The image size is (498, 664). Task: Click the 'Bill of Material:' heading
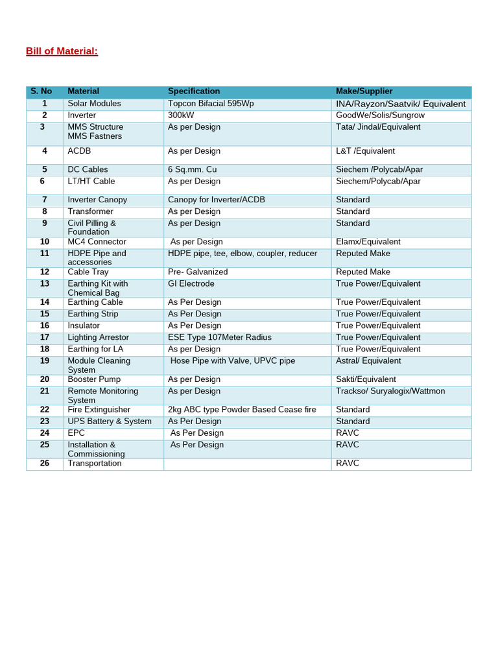coord(62,51)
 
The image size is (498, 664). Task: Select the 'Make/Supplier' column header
coord(364,91)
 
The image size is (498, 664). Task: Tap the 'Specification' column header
coord(194,91)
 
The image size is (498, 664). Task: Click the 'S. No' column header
coord(41,91)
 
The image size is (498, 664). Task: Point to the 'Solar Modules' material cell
coord(94,104)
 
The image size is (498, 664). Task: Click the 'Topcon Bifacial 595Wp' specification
coord(211,104)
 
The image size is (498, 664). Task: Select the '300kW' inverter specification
coord(181,115)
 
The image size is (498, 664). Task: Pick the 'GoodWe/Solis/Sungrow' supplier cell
coord(380,115)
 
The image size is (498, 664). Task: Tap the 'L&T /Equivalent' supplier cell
coord(365,151)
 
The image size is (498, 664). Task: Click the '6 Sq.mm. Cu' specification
coord(192,170)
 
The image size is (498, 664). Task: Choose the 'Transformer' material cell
coord(90,212)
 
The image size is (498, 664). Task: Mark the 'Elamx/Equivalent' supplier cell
coord(368,242)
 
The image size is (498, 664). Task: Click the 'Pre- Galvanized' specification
coord(198,272)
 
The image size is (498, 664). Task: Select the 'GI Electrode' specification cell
coord(191,284)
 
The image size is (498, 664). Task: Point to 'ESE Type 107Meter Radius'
coord(220,338)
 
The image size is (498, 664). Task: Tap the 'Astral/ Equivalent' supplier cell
coord(368,361)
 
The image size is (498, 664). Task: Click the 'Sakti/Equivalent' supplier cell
coord(366,379)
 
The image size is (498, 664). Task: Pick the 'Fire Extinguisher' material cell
coord(99,410)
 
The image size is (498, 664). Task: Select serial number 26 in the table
coord(45,464)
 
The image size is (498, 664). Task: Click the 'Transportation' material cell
coord(95,464)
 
